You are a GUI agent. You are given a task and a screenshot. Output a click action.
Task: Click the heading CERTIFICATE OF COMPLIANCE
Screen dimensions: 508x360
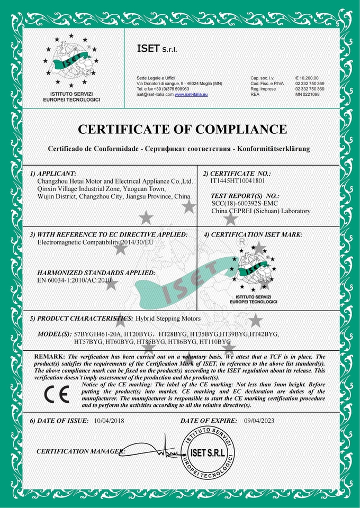pyautogui.click(x=182, y=129)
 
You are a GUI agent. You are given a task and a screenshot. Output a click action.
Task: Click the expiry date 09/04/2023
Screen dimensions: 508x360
pyautogui.click(x=259, y=420)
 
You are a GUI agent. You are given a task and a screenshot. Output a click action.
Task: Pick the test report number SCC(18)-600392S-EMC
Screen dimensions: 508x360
pyautogui.click(x=246, y=204)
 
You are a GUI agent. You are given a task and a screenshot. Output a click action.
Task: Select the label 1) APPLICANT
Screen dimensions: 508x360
pyautogui.click(x=53, y=173)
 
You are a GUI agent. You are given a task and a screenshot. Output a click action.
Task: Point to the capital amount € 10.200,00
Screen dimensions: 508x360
pyautogui.click(x=307, y=78)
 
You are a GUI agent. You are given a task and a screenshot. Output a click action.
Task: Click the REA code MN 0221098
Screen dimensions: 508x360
pyautogui.click(x=308, y=94)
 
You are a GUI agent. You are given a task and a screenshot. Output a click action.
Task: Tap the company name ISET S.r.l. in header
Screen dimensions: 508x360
pyautogui.click(x=157, y=50)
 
